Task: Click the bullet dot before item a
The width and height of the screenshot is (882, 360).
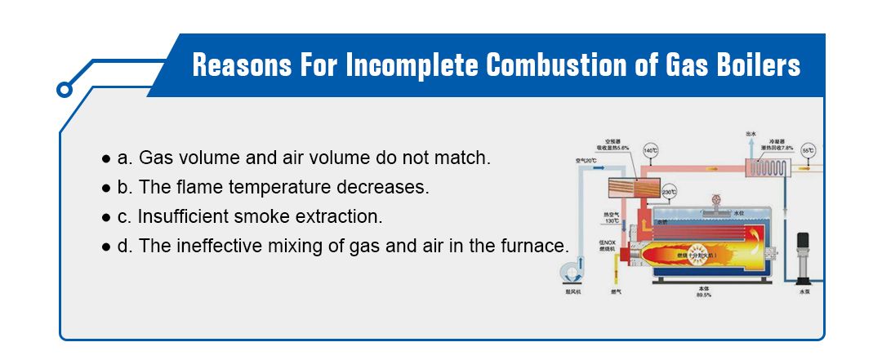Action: (105, 157)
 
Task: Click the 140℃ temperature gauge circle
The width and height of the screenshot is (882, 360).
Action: (651, 151)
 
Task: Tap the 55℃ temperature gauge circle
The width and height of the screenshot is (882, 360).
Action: (808, 151)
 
